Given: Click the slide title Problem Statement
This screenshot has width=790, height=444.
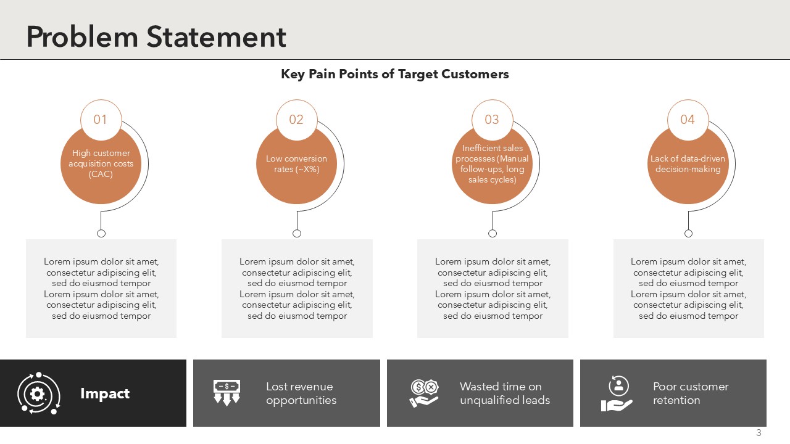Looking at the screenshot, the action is (x=156, y=37).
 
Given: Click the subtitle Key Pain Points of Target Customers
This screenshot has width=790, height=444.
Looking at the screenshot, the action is (x=394, y=74).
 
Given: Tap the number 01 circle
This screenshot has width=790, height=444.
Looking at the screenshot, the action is (x=101, y=120).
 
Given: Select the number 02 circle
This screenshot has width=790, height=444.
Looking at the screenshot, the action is (x=297, y=120).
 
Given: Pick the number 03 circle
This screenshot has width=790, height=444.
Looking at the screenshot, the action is (x=493, y=120).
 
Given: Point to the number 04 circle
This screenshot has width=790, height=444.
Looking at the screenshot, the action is (x=688, y=120).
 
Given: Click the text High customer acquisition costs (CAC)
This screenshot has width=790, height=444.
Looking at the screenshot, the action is (x=101, y=163).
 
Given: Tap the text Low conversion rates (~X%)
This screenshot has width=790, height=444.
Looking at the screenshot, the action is (x=297, y=164).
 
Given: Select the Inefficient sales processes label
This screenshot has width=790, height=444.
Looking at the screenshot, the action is (x=493, y=164).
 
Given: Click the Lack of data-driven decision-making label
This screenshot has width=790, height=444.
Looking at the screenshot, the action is (x=688, y=164).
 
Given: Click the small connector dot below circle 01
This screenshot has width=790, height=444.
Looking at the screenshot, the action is (x=101, y=233).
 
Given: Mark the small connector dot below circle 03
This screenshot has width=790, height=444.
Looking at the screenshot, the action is (x=493, y=233).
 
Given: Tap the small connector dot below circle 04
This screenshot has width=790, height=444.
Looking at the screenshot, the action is (x=688, y=233).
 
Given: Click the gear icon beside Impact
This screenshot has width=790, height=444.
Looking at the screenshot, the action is (x=38, y=393).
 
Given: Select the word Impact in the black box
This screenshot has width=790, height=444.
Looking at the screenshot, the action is (x=105, y=393).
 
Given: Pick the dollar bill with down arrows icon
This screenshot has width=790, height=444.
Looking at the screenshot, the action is (x=227, y=393).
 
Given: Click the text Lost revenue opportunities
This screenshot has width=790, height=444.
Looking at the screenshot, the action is (x=301, y=393).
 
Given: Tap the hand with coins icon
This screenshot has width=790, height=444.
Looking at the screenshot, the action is (x=424, y=393).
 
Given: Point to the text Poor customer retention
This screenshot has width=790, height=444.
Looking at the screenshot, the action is (x=691, y=393).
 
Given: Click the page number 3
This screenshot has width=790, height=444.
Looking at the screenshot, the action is (x=759, y=433).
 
